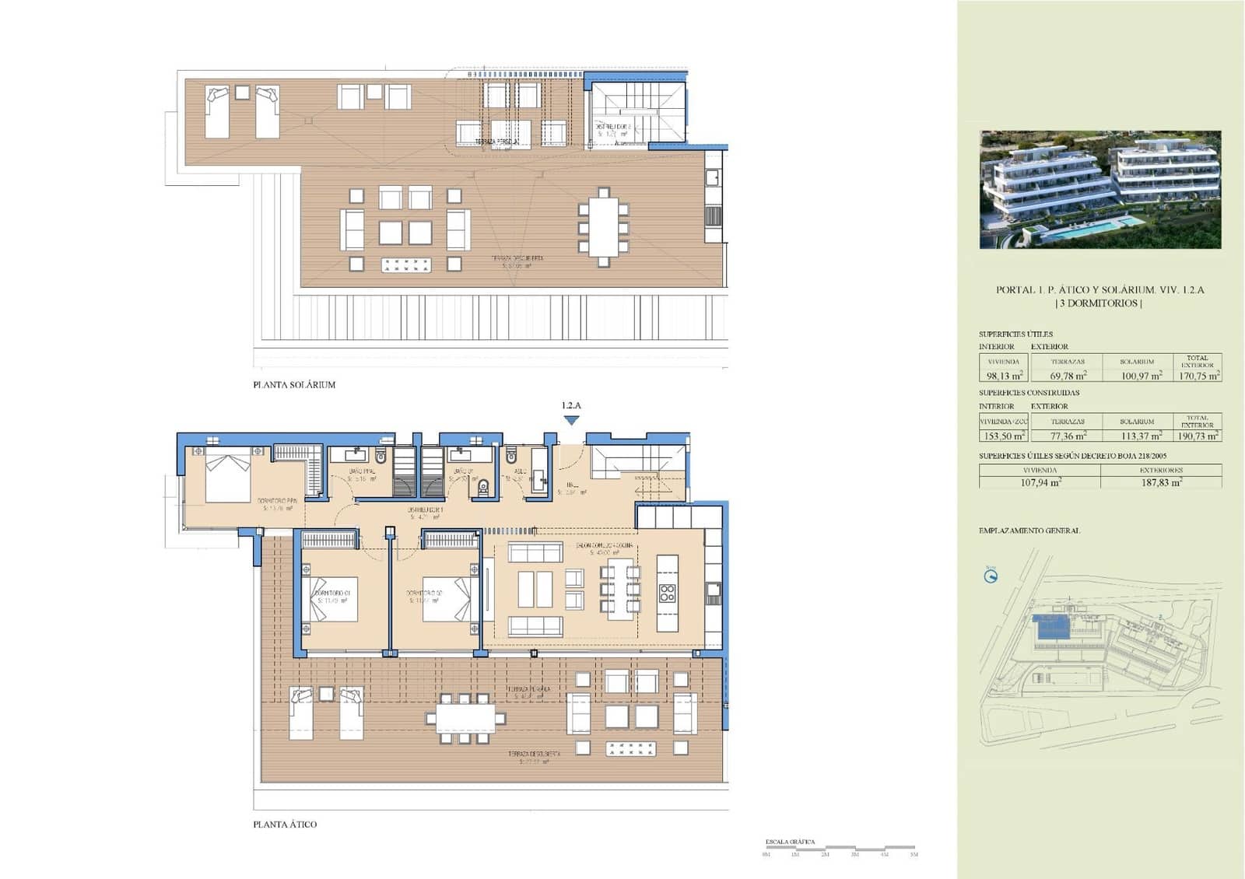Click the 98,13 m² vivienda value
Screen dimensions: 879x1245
click(x=1004, y=375)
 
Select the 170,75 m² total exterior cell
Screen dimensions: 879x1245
click(x=1198, y=375)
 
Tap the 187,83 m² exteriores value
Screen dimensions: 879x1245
click(x=1161, y=482)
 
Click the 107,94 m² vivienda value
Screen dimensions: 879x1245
click(x=1040, y=482)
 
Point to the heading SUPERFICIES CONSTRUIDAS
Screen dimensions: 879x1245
click(x=1029, y=393)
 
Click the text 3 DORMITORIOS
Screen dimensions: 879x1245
click(x=1099, y=303)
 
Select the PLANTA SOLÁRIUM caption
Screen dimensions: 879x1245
click(x=294, y=384)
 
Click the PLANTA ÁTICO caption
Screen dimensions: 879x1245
click(x=285, y=825)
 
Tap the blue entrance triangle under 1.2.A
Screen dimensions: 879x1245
click(x=571, y=421)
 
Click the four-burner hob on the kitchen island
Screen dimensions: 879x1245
click(x=667, y=594)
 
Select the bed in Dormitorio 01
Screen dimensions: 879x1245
click(x=331, y=599)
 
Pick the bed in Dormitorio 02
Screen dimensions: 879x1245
click(x=448, y=599)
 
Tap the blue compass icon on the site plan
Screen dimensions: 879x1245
click(x=991, y=576)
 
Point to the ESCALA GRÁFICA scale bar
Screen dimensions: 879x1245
click(x=840, y=847)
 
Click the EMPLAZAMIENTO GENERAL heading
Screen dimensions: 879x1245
click(x=1029, y=531)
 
